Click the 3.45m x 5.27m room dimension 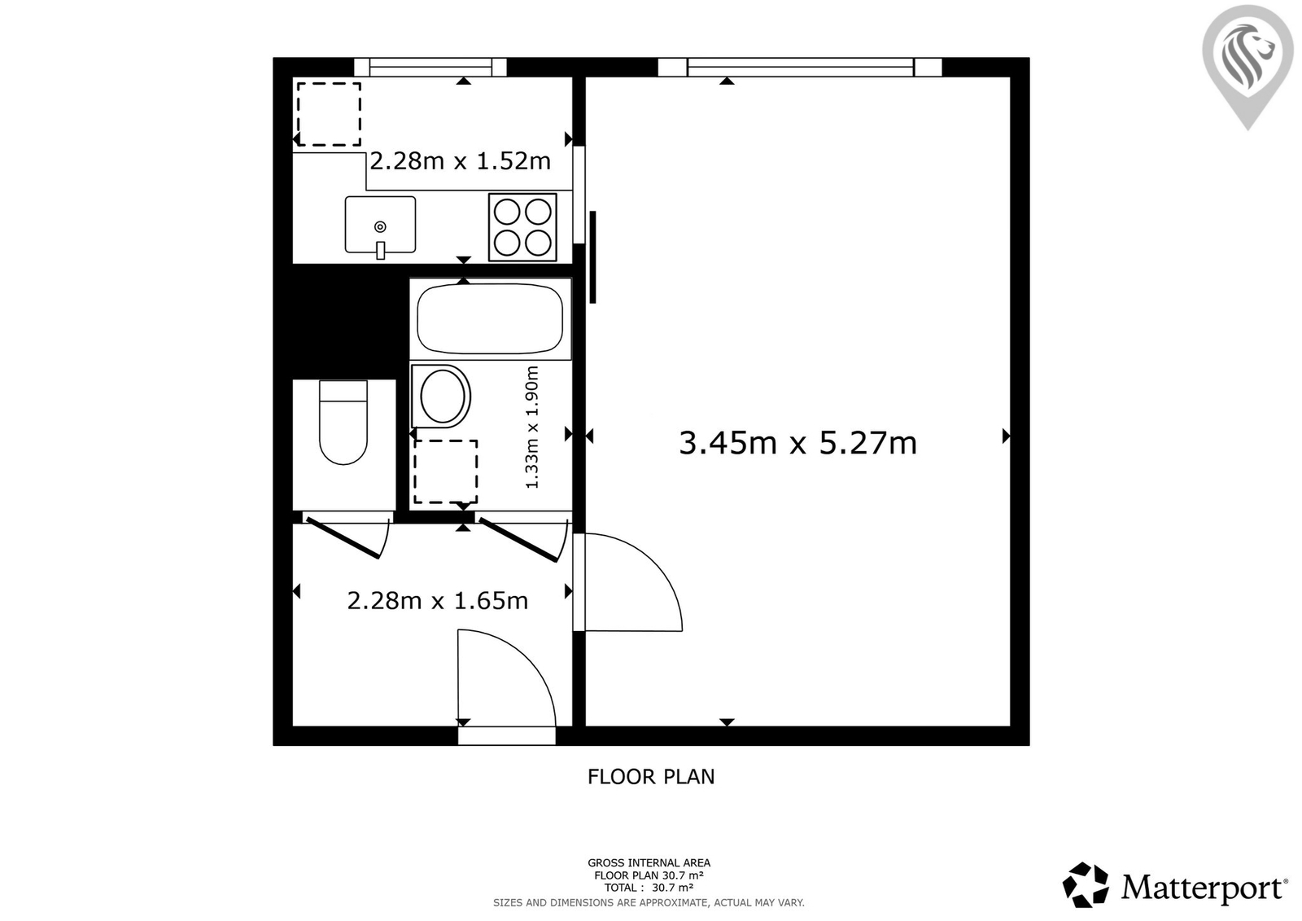[797, 443]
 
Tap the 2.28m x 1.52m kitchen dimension [460, 161]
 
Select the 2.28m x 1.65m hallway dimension [437, 600]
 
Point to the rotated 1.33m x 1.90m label [532, 427]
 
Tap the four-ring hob [522, 227]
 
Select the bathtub [490, 319]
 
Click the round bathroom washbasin [441, 397]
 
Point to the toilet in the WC [343, 423]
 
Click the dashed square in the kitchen [329, 114]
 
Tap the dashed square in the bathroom [446, 471]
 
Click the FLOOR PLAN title [650, 777]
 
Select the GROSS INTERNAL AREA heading [649, 863]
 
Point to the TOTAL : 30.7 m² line [649, 888]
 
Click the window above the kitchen [430, 67]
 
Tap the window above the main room [800, 67]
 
